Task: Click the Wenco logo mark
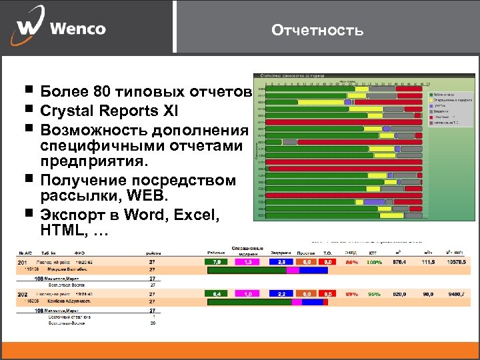(x=27, y=29)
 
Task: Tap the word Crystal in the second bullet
(x=67, y=110)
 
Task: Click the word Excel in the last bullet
(x=198, y=215)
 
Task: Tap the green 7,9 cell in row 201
(x=217, y=262)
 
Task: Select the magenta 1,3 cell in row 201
(x=248, y=262)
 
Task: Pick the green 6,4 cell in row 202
(x=217, y=293)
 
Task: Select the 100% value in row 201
(x=375, y=262)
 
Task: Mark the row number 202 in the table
(x=22, y=293)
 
